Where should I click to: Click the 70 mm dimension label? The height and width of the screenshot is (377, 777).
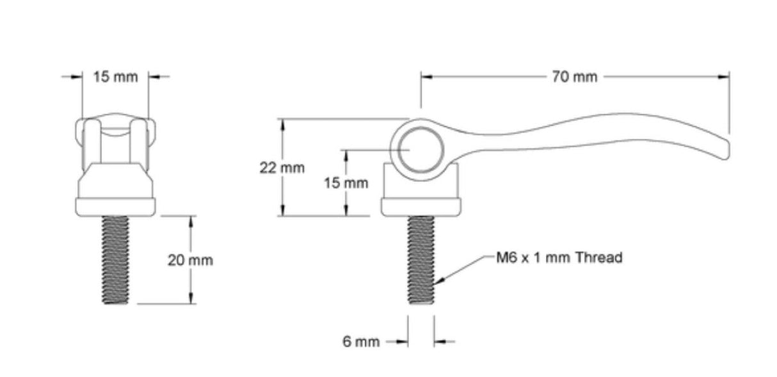tap(574, 77)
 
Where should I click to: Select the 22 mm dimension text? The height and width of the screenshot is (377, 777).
tap(282, 168)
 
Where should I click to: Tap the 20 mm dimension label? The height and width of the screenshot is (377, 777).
tap(190, 261)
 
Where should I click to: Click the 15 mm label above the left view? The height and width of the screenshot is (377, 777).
tap(116, 77)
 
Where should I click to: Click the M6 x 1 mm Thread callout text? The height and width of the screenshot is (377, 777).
tap(559, 258)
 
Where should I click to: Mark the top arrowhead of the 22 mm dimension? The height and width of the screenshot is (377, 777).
tap(282, 123)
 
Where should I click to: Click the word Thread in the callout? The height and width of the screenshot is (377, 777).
tap(598, 258)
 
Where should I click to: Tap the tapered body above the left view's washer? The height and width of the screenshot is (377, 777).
tap(116, 181)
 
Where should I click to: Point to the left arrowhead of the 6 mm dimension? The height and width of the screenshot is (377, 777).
tap(403, 342)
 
